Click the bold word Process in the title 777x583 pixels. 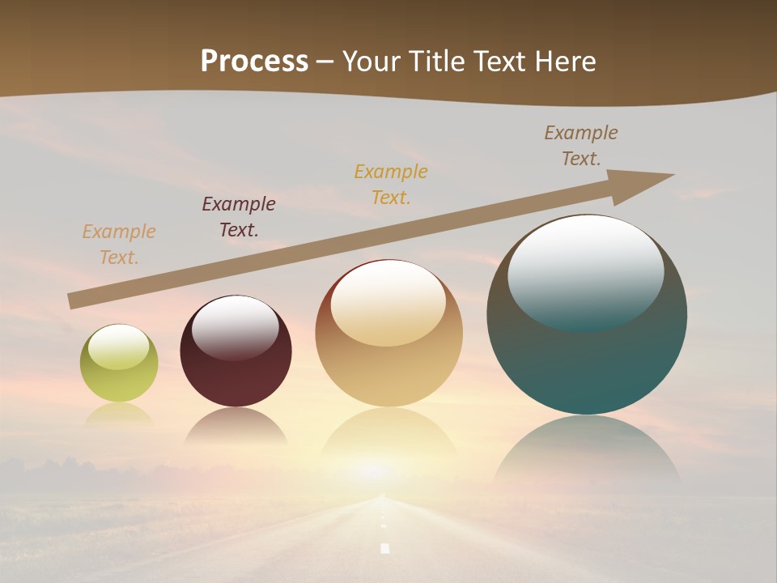(x=254, y=62)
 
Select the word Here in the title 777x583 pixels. (x=563, y=62)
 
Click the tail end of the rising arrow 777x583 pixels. (x=73, y=301)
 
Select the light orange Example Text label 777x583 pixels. (x=119, y=245)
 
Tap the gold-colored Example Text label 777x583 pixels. (x=391, y=184)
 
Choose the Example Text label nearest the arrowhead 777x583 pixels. (x=581, y=146)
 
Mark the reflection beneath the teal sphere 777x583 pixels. (x=587, y=453)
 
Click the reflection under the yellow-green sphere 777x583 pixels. (x=119, y=415)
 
